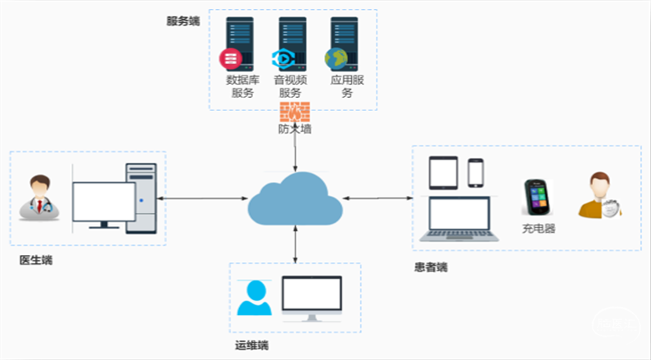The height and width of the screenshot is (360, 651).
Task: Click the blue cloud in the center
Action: coord(295,199)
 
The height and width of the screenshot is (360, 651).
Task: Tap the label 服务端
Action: coord(183,22)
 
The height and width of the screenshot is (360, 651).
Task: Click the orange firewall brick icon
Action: coord(295,110)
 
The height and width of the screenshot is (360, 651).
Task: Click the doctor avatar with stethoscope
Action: coord(39,199)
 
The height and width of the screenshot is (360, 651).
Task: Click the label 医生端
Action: coord(36,261)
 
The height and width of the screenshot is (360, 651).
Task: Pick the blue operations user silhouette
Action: coord(254,298)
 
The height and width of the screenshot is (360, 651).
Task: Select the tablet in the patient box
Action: coord(444,173)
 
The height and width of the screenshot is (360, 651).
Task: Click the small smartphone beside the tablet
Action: coord(476,173)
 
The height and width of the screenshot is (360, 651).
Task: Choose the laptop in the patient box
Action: coord(459,219)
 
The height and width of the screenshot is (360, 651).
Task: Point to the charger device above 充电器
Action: coord(538,197)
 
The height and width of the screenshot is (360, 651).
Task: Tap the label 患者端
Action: coord(430,267)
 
